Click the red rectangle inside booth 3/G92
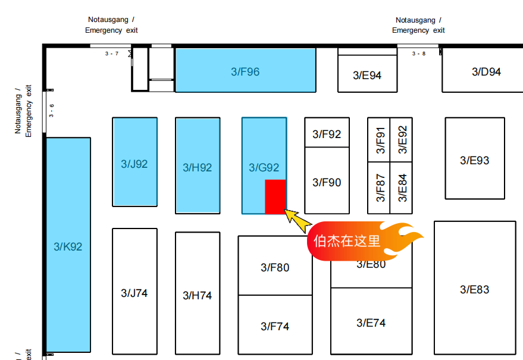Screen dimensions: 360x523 pos(275,196)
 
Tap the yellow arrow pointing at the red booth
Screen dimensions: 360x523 pos(298,220)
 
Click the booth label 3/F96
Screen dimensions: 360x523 pos(245,72)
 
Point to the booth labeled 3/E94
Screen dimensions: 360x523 pos(367,75)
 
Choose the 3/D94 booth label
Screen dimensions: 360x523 pos(486,72)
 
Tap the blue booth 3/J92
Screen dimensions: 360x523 pos(134,163)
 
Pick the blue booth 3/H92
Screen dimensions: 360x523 pos(197,167)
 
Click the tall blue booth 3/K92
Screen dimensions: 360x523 pos(68,246)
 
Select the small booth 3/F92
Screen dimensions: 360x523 pos(327,134)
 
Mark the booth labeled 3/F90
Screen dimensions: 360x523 pos(327,182)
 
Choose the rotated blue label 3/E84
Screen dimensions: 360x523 pos(402,187)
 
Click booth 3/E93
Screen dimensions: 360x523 pos(474,160)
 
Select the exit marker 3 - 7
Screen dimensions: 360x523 pos(112,54)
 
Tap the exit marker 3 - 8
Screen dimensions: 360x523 pos(419,54)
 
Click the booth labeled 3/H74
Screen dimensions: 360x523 pos(197,295)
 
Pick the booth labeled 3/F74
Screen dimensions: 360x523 pos(275,326)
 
